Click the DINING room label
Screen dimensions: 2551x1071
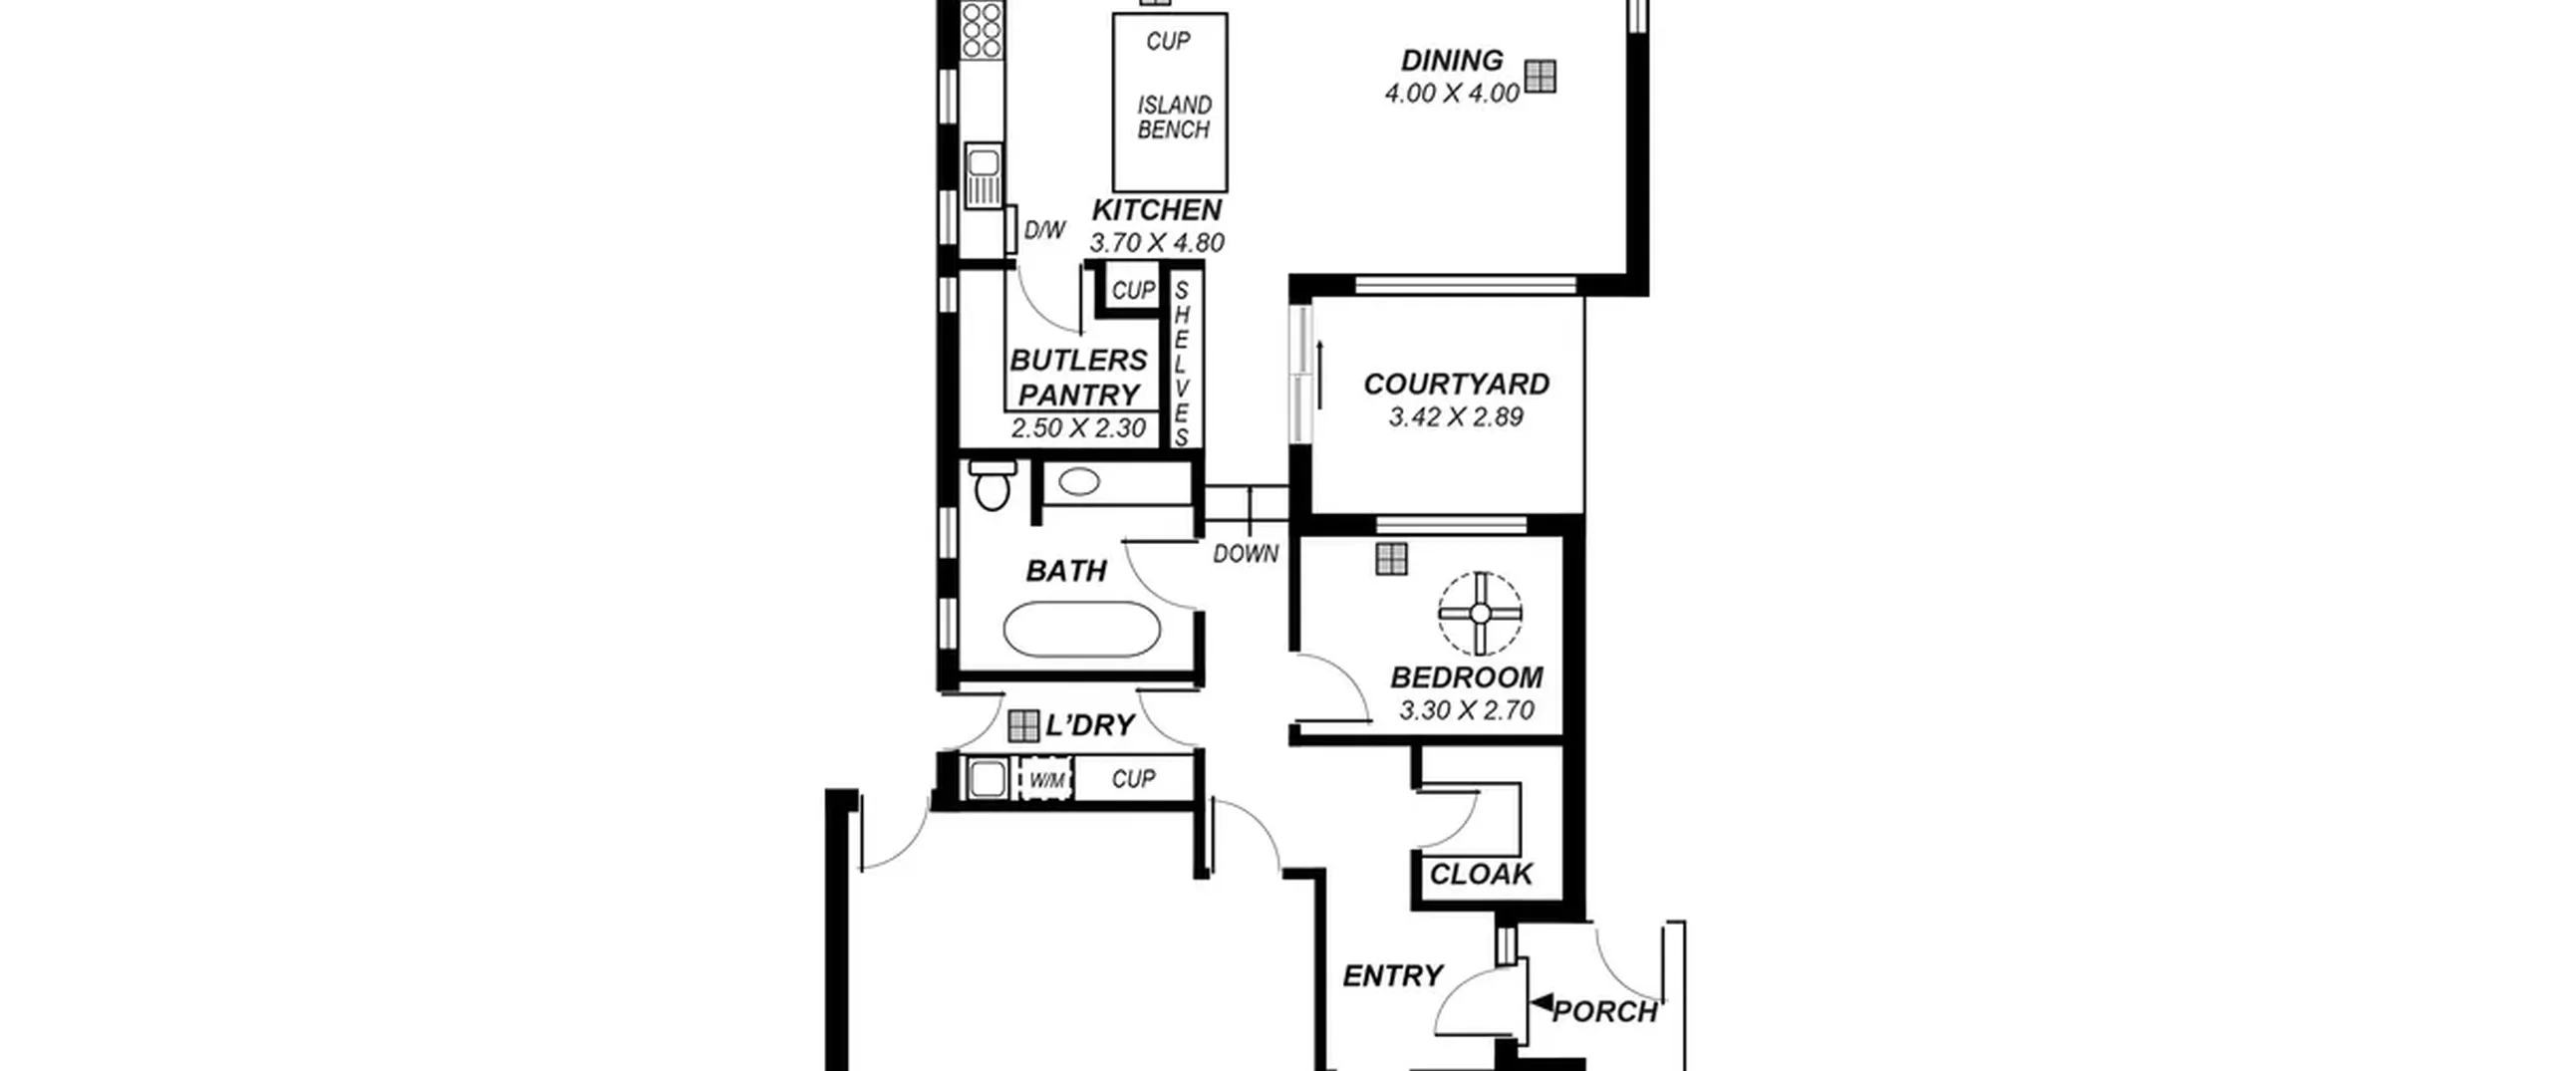[x=1452, y=61]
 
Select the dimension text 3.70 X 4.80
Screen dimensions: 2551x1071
[x=1157, y=242]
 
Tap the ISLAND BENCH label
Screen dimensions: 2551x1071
[x=1174, y=117]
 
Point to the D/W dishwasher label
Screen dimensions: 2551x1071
[x=1044, y=230]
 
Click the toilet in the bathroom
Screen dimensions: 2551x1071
[x=992, y=485]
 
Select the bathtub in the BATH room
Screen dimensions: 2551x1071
[x=1081, y=630]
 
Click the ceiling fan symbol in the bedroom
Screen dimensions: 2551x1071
[x=1480, y=613]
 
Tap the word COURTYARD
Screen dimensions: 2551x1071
[x=1456, y=385]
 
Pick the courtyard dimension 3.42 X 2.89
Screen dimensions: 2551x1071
[x=1456, y=416]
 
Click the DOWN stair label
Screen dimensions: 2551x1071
[x=1246, y=554]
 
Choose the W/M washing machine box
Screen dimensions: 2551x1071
[x=1045, y=779]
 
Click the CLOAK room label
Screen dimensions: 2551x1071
[x=1481, y=875]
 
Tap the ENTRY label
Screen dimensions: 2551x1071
[x=1392, y=976]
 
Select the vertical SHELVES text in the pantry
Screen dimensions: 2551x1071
[x=1182, y=364]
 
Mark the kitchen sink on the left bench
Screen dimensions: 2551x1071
[x=983, y=176]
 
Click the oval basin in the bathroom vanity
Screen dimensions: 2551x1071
[x=1079, y=482]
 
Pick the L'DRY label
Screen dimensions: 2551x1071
[x=1090, y=725]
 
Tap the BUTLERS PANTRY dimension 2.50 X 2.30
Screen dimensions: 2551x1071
[x=1078, y=428]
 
